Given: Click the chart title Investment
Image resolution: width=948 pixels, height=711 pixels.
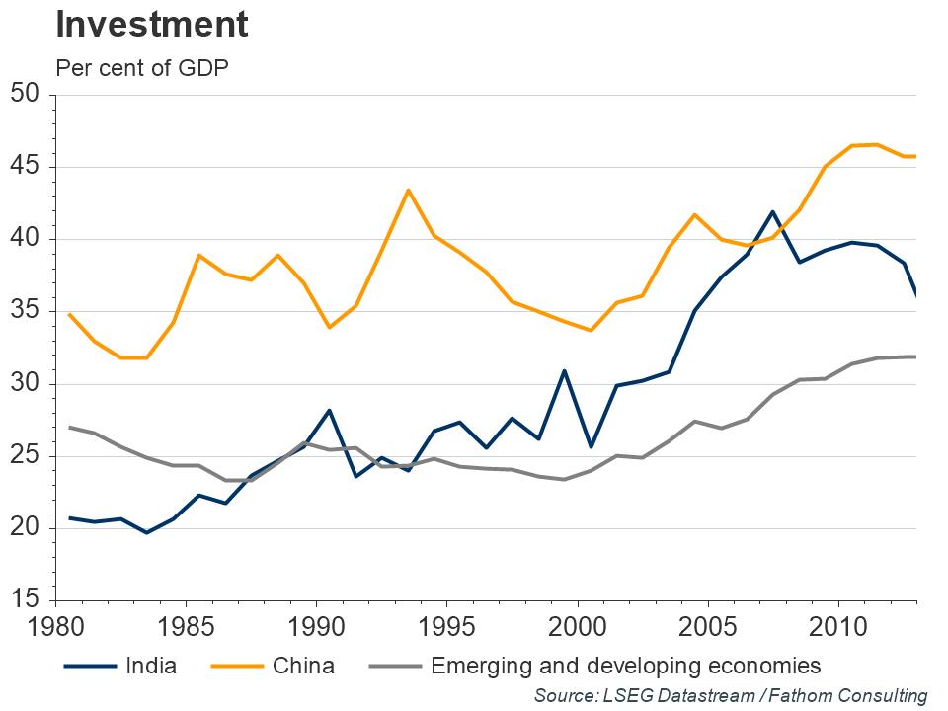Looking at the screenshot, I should pyautogui.click(x=151, y=25).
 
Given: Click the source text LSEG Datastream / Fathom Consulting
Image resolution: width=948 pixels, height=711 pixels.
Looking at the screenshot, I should pyautogui.click(x=731, y=695).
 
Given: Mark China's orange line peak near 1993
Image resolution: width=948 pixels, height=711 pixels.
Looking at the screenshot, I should pyautogui.click(x=409, y=190).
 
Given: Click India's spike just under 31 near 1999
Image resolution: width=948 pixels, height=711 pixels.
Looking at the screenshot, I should pyautogui.click(x=564, y=371).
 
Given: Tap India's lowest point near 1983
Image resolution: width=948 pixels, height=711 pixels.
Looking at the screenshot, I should pyautogui.click(x=147, y=532).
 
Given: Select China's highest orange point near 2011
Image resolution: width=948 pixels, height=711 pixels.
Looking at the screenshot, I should pyautogui.click(x=877, y=144).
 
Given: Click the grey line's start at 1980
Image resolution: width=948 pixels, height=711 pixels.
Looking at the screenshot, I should pyautogui.click(x=68, y=428).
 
